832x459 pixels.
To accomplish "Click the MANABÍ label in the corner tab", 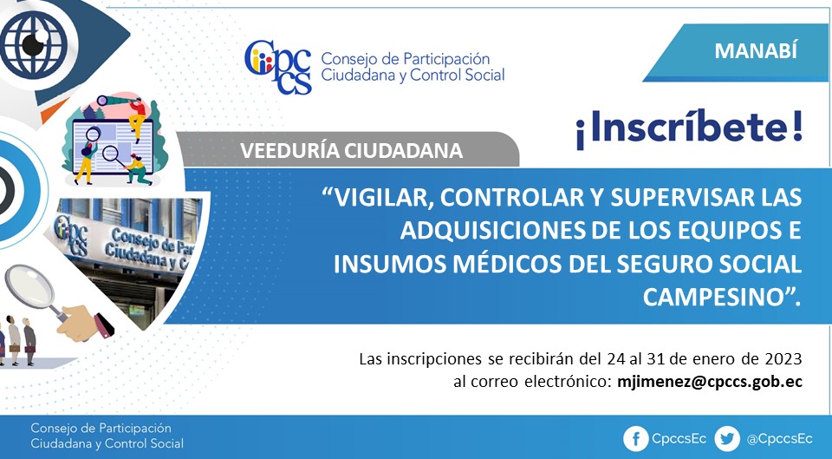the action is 756,50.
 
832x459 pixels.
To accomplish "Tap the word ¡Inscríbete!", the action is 689,128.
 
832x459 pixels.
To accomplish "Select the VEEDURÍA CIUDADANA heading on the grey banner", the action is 351,150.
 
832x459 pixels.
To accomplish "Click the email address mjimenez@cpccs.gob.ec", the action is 710,382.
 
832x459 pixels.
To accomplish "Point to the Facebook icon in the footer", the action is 635,439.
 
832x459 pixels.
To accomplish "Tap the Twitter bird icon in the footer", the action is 727,439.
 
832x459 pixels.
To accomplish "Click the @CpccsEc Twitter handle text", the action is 779,439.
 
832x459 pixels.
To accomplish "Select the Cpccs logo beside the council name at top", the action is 278,68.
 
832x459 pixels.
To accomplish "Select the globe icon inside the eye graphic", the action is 34,44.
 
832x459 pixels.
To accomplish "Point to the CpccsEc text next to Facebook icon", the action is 679,439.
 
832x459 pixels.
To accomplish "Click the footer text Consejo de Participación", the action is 101,428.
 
